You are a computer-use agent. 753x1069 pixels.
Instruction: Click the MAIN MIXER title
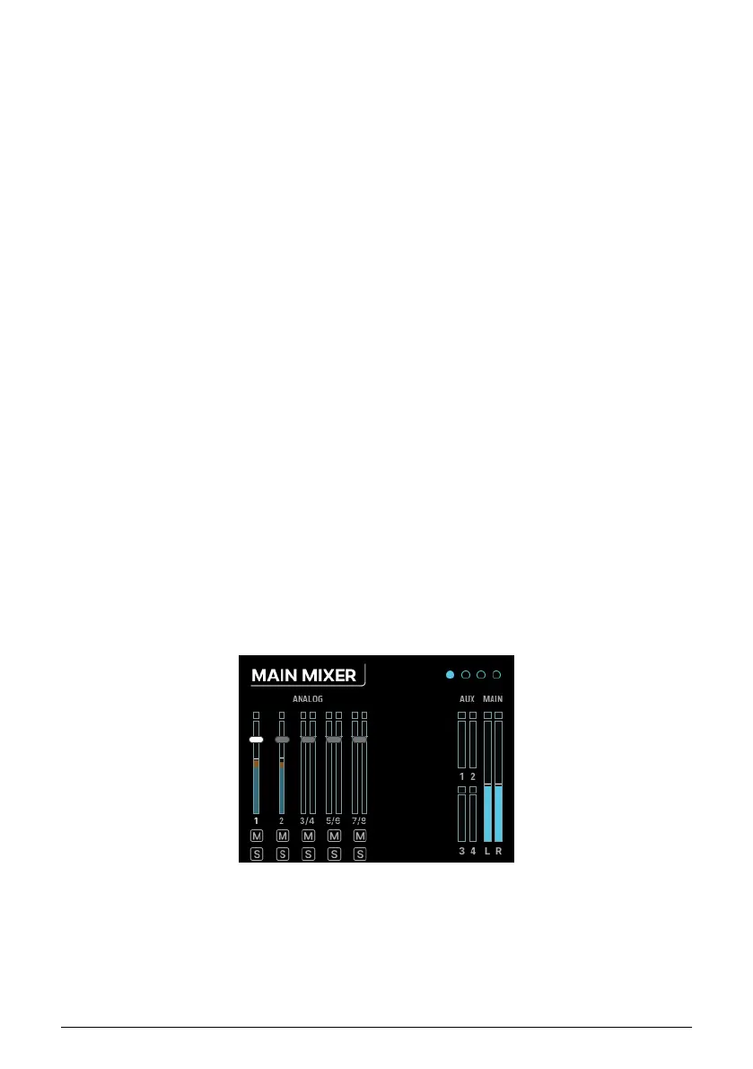coord(303,675)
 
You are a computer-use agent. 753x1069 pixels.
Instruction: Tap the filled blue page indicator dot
coord(450,674)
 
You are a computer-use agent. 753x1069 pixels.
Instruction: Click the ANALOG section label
coord(308,697)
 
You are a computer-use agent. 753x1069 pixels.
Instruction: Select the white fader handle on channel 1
coord(256,739)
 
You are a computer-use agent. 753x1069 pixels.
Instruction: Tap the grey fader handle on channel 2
coord(282,739)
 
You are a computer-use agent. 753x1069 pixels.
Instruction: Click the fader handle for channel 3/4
coord(308,739)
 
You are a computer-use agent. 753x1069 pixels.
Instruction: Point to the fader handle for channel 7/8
coord(360,739)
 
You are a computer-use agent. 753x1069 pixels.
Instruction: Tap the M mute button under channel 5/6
coord(334,836)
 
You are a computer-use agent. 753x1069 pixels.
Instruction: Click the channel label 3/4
coord(308,820)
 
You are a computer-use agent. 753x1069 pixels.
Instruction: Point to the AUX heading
coord(467,697)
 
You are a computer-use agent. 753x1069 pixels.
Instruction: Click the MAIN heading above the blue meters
coord(493,697)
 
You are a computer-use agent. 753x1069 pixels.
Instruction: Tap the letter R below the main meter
coord(499,850)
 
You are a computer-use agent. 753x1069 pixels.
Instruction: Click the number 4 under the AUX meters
coord(473,850)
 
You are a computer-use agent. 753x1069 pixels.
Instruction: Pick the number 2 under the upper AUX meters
coord(473,775)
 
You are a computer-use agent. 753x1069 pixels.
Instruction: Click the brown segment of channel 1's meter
coord(256,763)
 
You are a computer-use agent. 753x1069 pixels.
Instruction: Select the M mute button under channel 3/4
coord(308,836)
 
